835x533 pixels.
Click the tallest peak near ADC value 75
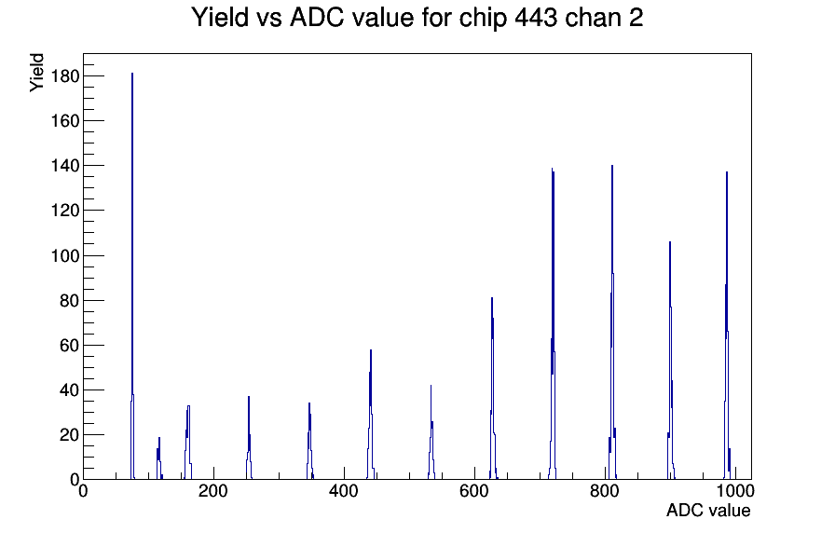(x=132, y=277)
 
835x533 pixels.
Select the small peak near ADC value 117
(x=159, y=458)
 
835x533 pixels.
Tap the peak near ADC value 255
(x=249, y=438)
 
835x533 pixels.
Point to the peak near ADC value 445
(x=371, y=416)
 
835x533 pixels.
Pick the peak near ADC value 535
(x=431, y=432)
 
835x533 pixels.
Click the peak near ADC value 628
(x=493, y=389)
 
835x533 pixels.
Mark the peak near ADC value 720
(x=553, y=325)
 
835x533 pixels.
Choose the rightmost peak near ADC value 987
(x=727, y=326)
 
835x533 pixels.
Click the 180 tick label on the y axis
(x=65, y=76)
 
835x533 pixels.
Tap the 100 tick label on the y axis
(x=65, y=255)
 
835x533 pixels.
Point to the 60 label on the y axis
(x=70, y=346)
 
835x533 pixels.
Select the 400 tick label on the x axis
(x=344, y=491)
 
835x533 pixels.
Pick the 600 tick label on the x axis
(x=474, y=491)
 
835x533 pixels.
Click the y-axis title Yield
(x=36, y=73)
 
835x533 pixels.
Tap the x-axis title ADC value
(x=708, y=511)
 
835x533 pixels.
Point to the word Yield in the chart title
(x=219, y=18)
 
